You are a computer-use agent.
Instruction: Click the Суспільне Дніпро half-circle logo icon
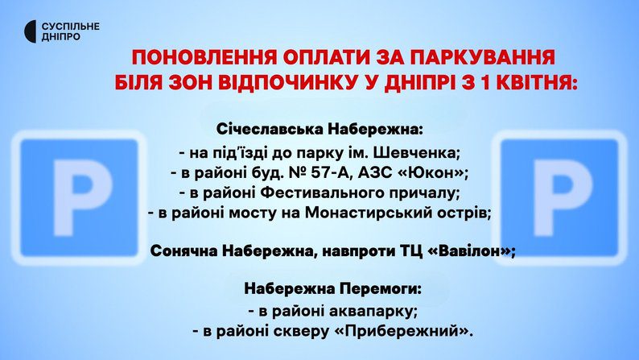pos(31,31)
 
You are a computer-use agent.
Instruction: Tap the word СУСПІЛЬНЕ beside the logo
pos(71,27)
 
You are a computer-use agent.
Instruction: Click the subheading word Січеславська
pos(270,130)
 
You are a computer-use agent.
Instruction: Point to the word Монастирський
pos(365,213)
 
